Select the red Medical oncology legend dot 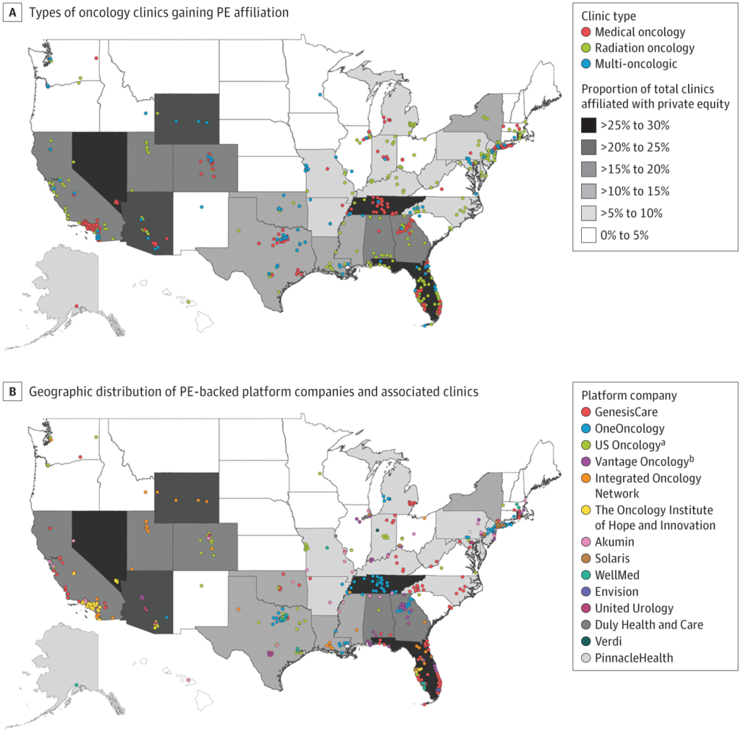[x=586, y=33]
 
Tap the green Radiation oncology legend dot [x=586, y=48]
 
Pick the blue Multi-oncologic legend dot [x=586, y=64]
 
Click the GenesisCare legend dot [x=586, y=413]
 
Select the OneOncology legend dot [x=586, y=429]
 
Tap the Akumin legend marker [x=586, y=542]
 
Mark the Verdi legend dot [x=586, y=641]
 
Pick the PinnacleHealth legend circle [x=586, y=658]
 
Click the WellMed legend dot [x=586, y=575]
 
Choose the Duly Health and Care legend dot [x=586, y=625]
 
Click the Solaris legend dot [x=586, y=558]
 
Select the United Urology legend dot [x=586, y=608]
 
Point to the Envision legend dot [x=586, y=592]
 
